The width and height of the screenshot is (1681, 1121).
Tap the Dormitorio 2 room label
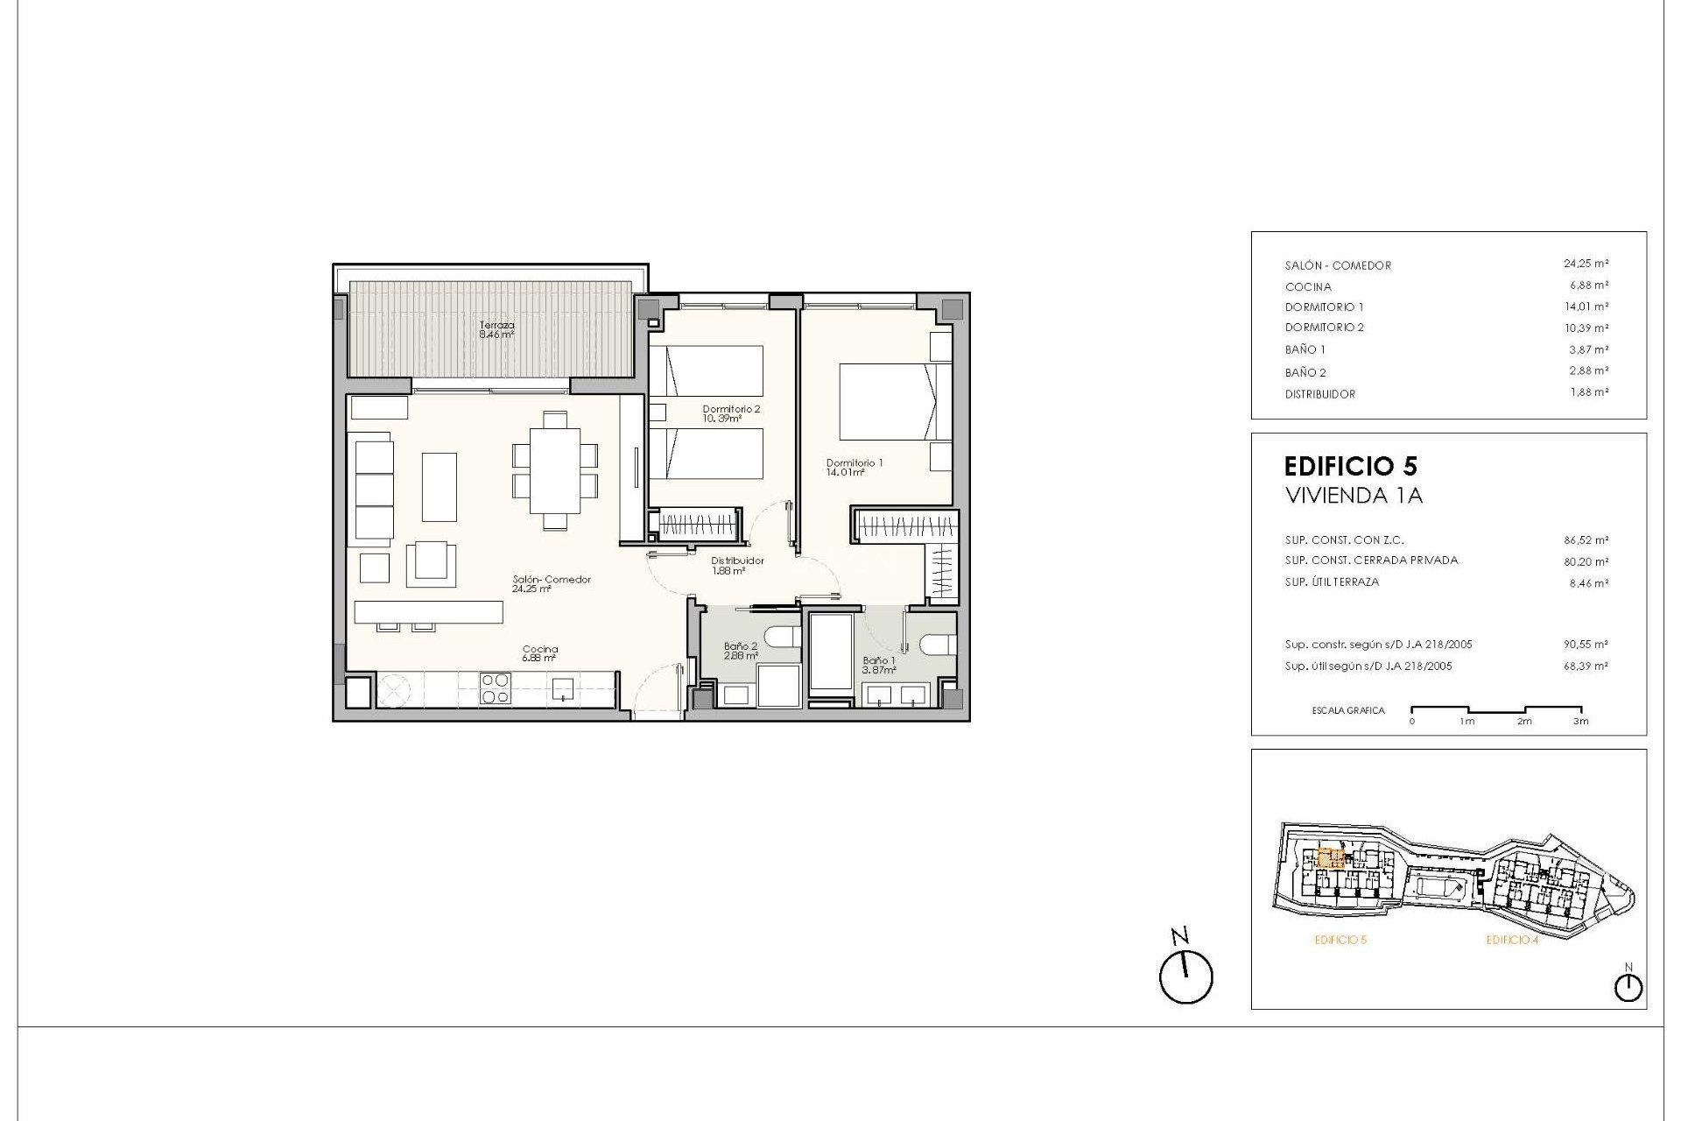pos(731,410)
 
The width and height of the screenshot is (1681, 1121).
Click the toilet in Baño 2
pos(782,636)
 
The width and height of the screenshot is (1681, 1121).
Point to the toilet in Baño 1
pos(935,644)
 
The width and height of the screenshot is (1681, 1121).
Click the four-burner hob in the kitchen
pos(495,688)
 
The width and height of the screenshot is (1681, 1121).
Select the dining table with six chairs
pos(555,470)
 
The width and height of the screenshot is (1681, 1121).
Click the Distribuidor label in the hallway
pos(737,561)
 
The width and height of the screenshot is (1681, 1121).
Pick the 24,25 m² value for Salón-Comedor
pos(1586,264)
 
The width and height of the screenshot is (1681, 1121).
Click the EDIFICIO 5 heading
pos(1350,466)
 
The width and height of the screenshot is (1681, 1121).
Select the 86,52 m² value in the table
pos(1586,540)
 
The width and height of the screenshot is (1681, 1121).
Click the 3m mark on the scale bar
pos(1580,721)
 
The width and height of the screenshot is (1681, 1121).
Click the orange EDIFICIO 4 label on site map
pos(1512,941)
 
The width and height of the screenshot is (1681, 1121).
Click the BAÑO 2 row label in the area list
pos(1305,372)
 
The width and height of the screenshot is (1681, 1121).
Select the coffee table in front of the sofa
pos(440,487)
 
